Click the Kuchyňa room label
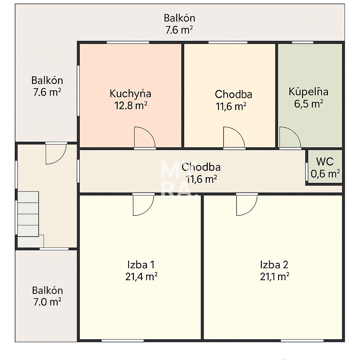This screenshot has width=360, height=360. coord(130,94)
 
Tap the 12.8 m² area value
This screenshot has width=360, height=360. coord(130,105)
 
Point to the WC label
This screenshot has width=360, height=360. coord(325,162)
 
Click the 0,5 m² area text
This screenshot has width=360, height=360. coord(325,174)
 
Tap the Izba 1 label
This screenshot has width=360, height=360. coord(141,264)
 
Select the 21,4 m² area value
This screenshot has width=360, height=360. coord(141,277)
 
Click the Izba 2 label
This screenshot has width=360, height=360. coord(274,264)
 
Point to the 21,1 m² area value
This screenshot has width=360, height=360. coord(275,277)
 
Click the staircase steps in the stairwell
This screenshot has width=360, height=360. coord(28,214)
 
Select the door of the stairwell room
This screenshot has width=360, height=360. coord(55,154)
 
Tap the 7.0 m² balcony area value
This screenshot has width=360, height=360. coord(47,302)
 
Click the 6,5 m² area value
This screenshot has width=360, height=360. coord(309,104)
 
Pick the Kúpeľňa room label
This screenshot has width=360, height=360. coord(309,92)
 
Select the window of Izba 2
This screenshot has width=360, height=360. coord(302,340)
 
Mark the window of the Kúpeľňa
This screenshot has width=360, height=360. coord(302,43)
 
